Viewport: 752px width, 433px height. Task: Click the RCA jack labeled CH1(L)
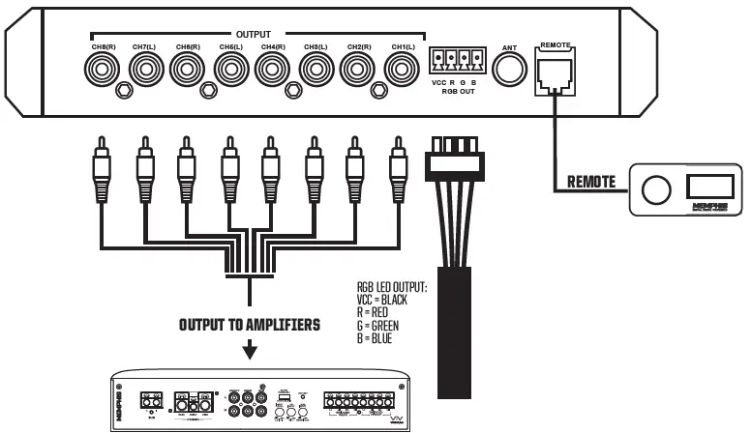point(399,71)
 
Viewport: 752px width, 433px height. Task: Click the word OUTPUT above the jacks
point(253,34)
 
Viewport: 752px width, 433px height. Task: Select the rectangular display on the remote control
point(711,186)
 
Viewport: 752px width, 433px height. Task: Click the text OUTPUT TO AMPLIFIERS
point(249,325)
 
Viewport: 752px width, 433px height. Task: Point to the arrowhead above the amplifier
point(249,351)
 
